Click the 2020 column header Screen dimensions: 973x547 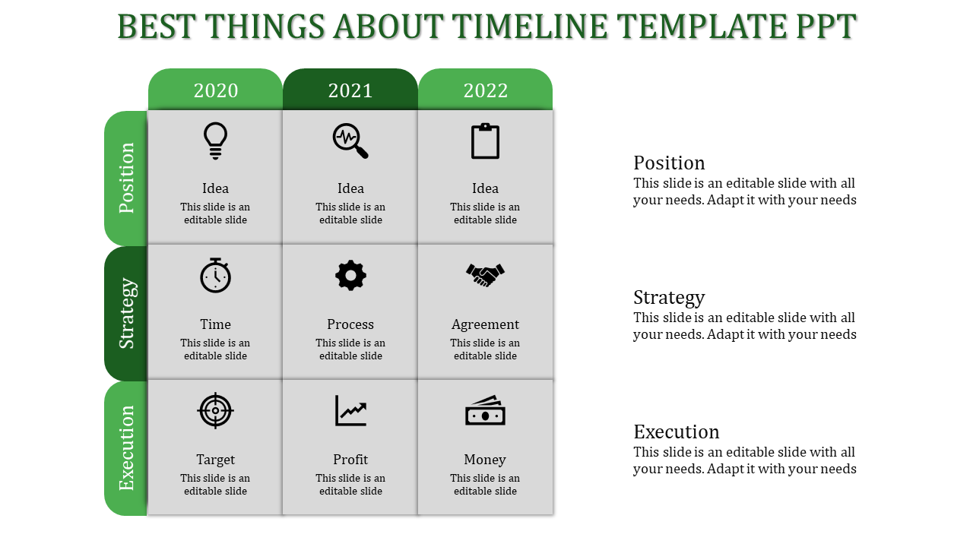coord(215,90)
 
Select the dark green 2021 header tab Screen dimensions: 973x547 coord(350,90)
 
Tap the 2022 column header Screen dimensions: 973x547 coord(485,90)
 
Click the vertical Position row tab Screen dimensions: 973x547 coord(126,178)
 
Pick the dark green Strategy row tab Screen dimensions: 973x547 coord(126,314)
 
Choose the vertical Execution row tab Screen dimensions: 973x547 coord(126,448)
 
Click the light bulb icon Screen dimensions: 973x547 coord(215,141)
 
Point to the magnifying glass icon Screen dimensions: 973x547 coord(350,141)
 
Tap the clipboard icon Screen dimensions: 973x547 coord(485,141)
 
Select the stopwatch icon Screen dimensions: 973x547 coord(215,275)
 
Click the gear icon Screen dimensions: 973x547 coord(350,275)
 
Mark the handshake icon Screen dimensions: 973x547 coord(485,275)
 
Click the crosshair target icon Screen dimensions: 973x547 coord(215,411)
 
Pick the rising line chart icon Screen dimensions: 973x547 coord(350,411)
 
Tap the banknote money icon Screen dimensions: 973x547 coord(485,411)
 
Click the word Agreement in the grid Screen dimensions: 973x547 coord(485,324)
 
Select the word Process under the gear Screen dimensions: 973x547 coord(350,324)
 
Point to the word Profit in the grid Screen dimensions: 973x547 coord(350,460)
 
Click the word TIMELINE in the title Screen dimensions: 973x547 coord(530,27)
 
